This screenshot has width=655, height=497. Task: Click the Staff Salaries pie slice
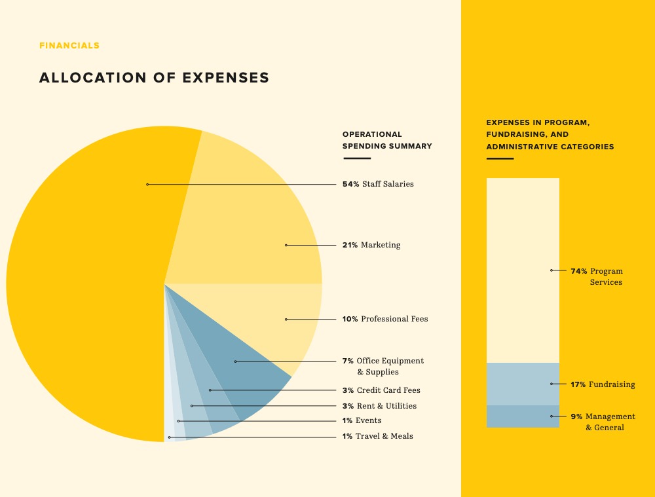click(x=85, y=282)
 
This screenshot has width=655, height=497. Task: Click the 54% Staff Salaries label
click(x=378, y=184)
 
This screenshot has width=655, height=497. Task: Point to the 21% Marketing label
click(x=371, y=245)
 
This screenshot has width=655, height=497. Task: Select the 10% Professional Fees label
click(x=385, y=319)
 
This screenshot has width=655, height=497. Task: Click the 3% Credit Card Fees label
click(x=381, y=390)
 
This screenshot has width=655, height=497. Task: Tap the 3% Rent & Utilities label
click(x=379, y=406)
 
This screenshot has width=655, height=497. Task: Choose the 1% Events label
click(x=362, y=420)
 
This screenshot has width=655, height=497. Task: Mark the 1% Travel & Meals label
click(x=377, y=436)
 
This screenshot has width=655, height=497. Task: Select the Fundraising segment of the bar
click(x=523, y=384)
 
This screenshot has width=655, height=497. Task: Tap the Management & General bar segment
click(x=523, y=416)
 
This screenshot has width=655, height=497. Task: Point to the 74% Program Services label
click(x=597, y=276)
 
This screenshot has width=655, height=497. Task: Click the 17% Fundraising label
click(x=603, y=384)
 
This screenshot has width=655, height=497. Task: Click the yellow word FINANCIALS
click(x=69, y=46)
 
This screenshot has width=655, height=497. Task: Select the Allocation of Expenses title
click(x=154, y=77)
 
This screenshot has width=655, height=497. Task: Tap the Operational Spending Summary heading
click(x=387, y=140)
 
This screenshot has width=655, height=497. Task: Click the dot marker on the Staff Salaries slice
click(x=147, y=185)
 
